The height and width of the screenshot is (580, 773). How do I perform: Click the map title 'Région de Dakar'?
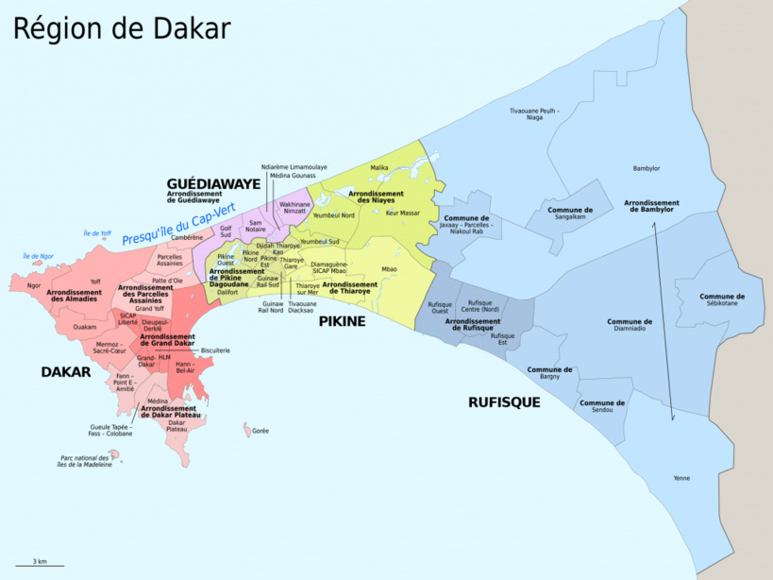point(121,28)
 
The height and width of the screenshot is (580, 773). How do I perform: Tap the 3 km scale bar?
point(40,564)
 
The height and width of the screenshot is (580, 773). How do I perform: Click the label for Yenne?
point(681,478)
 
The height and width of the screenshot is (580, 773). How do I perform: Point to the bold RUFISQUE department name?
point(504,402)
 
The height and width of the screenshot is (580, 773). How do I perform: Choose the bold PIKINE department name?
point(342,322)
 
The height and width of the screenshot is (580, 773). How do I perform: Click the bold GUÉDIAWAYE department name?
point(213,182)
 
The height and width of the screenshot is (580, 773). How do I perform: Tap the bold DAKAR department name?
point(65,372)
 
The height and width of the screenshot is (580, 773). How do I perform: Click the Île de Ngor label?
point(39,256)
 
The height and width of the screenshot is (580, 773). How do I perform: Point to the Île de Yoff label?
point(97,233)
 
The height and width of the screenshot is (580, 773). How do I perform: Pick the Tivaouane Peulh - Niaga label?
point(534,114)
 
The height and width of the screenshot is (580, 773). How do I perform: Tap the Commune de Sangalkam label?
point(570,213)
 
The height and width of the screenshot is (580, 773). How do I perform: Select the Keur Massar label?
point(403,213)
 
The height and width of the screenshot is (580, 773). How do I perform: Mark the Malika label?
point(379,167)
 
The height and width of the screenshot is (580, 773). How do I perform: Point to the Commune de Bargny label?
point(549,373)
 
